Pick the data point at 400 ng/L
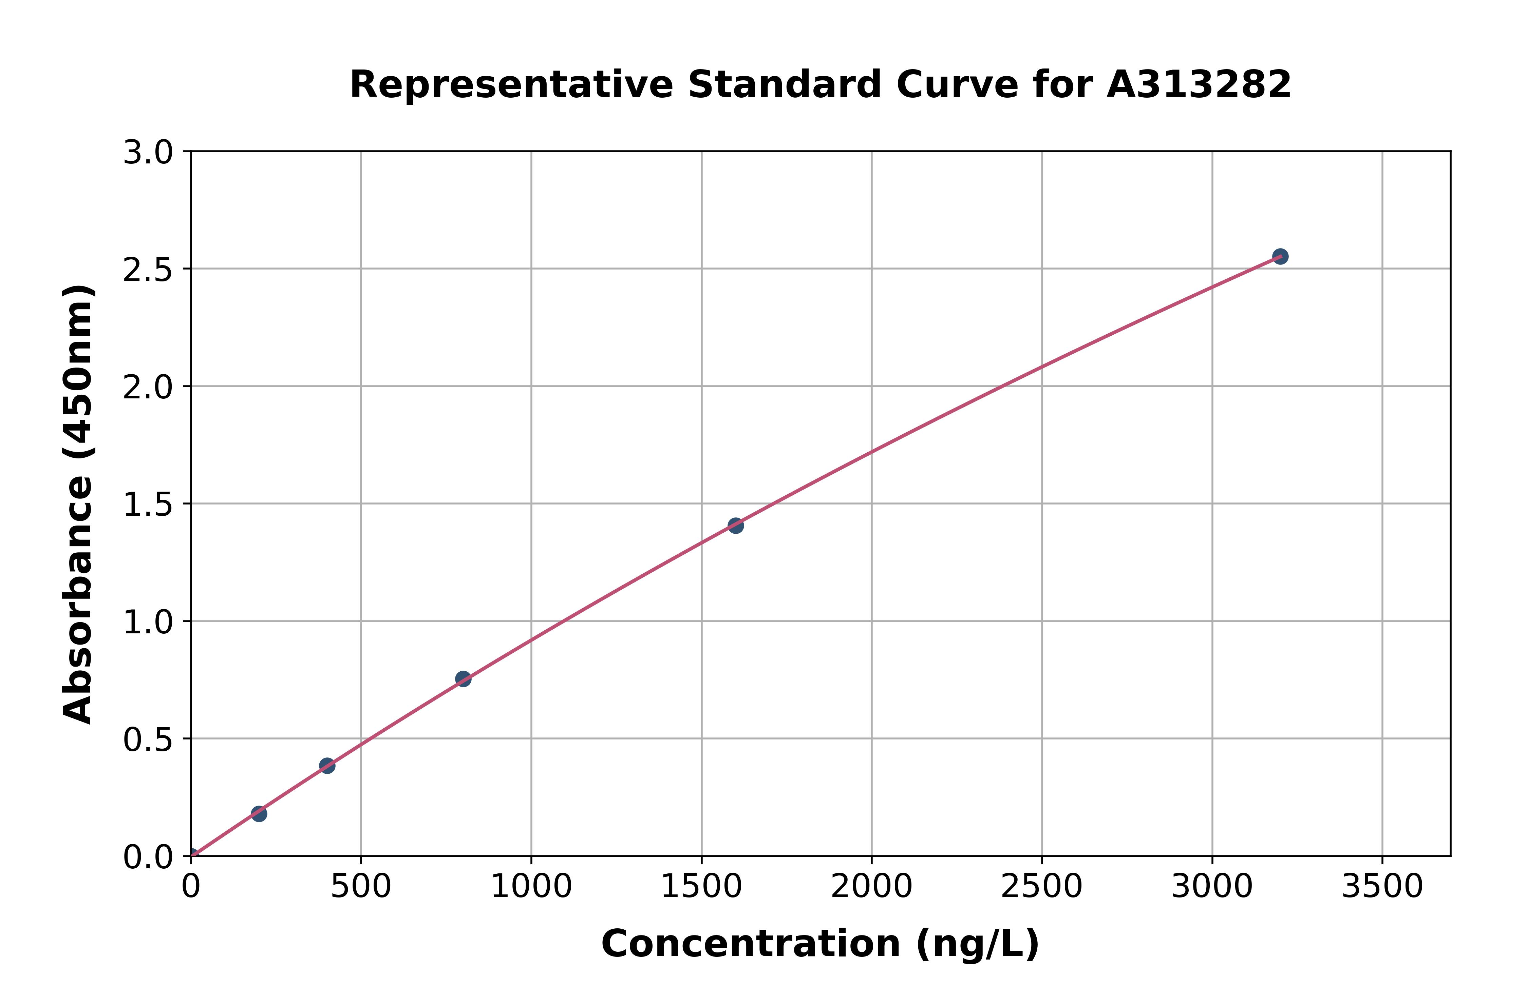[x=327, y=766]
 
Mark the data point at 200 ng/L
[x=259, y=814]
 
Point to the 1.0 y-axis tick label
[x=148, y=622]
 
